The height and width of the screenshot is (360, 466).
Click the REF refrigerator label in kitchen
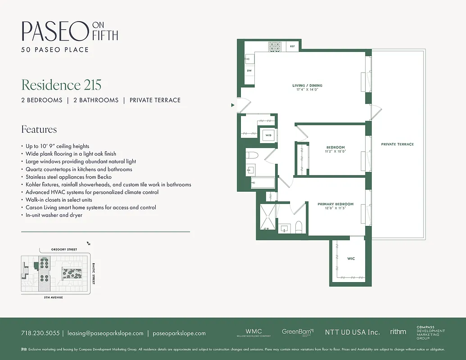pyautogui.click(x=292, y=46)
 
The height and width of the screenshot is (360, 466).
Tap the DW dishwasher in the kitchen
pyautogui.click(x=249, y=71)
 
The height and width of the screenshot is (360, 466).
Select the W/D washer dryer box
pyautogui.click(x=267, y=135)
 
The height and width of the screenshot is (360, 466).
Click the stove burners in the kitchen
pyautogui.click(x=275, y=46)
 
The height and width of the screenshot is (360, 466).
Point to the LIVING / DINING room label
pyautogui.click(x=307, y=85)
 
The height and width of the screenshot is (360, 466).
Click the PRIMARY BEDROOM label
pyautogui.click(x=335, y=204)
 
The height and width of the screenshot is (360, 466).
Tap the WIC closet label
pyautogui.click(x=351, y=259)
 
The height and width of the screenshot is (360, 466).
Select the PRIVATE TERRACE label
pyautogui.click(x=397, y=144)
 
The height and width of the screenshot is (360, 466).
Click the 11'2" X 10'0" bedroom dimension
pyautogui.click(x=335, y=152)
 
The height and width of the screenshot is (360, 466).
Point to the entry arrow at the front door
pyautogui.click(x=233, y=105)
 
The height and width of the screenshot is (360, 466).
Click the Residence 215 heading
pyautogui.click(x=61, y=85)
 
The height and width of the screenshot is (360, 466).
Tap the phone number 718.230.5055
pyautogui.click(x=40, y=333)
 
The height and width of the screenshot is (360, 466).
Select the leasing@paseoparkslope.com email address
pyautogui.click(x=105, y=333)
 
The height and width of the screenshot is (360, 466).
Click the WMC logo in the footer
pyautogui.click(x=253, y=332)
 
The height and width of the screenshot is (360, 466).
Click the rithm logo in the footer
pyautogui.click(x=398, y=332)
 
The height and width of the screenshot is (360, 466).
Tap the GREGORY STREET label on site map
pyautogui.click(x=59, y=249)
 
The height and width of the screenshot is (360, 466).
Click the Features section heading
pyautogui.click(x=39, y=129)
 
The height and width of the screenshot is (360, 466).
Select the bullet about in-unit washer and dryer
pyautogui.click(x=54, y=215)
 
